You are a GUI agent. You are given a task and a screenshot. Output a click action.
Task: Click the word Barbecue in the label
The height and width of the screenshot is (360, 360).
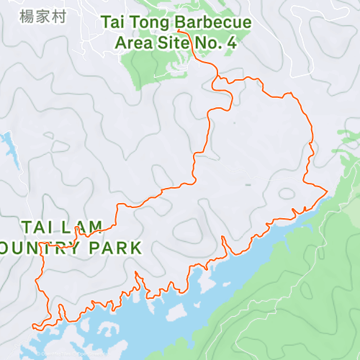coord(215,23)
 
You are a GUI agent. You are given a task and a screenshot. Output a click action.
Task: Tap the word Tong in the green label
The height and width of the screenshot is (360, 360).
coord(150,23)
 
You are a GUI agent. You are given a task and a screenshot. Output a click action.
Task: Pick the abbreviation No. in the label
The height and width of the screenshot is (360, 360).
coord(206,42)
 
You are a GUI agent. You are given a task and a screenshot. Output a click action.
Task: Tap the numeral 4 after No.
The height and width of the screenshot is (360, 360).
coord(231,42)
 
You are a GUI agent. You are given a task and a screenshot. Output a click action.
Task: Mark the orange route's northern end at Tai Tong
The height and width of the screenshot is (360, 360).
coord(179,31)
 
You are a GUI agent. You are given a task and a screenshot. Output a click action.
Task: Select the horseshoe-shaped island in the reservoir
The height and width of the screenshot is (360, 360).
coord(174,312)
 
